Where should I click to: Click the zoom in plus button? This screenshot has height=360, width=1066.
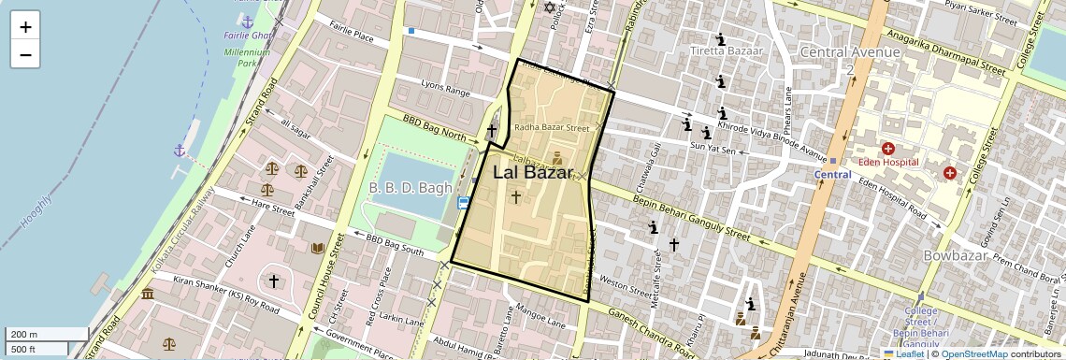point(25,27)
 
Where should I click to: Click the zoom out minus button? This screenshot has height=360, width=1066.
point(25,54)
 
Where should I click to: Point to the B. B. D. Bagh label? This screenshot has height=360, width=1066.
point(410,188)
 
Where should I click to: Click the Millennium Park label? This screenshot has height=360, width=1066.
point(247,58)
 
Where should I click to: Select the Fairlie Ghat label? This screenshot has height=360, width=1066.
point(247,36)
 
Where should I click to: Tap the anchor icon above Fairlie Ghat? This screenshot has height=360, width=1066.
point(247,20)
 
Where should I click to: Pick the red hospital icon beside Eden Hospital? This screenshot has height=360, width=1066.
point(887,149)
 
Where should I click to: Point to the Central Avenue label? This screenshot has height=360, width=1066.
point(849,52)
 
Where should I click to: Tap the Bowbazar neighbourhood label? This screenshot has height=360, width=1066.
point(962,256)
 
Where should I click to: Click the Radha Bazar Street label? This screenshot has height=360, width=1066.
point(552,128)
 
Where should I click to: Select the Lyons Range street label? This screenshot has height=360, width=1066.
point(445,91)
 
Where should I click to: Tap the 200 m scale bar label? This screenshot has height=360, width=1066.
point(24,335)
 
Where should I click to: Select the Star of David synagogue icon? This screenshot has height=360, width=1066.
point(550,7)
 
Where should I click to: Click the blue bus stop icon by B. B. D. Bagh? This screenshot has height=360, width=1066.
point(463,203)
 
